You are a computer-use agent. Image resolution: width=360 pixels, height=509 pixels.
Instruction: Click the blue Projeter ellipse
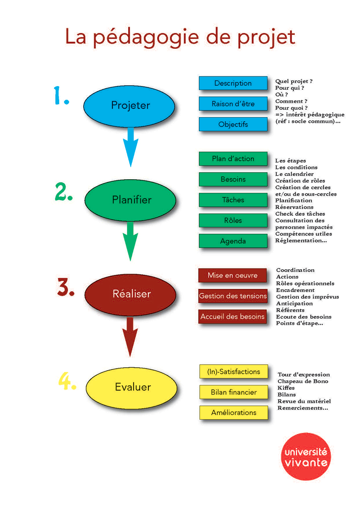[129, 106]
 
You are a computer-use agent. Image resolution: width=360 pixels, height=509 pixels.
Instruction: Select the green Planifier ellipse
[130, 200]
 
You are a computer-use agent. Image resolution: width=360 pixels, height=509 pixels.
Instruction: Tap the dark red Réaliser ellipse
[130, 295]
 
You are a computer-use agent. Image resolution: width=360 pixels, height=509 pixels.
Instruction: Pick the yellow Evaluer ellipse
[131, 388]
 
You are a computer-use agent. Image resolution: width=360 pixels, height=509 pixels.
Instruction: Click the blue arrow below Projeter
[130, 147]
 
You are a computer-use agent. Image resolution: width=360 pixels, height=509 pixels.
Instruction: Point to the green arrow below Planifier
[130, 241]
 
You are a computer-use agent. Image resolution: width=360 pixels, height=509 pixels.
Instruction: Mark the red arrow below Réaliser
[130, 337]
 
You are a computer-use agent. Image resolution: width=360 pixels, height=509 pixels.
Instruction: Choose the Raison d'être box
[233, 104]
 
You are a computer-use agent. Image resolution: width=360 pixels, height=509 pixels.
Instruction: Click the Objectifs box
[233, 124]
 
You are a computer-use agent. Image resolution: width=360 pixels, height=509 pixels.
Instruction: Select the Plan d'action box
[233, 158]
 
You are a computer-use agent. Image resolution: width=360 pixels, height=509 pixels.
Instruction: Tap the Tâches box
[233, 200]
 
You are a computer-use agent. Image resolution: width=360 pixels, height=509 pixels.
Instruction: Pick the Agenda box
[233, 241]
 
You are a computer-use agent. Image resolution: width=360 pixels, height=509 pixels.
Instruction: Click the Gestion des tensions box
[232, 296]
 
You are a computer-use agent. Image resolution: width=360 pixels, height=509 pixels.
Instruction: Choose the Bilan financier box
[234, 392]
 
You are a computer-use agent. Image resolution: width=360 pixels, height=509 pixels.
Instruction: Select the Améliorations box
[234, 413]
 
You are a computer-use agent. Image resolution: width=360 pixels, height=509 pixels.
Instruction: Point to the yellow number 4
[67, 381]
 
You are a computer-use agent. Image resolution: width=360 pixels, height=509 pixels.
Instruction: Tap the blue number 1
[61, 95]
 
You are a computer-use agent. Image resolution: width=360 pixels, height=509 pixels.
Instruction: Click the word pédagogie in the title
[146, 38]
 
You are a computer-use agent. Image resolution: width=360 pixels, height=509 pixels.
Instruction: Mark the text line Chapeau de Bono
[303, 381]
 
